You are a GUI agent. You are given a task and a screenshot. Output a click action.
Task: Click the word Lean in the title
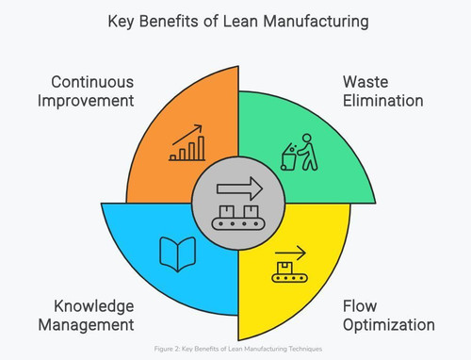(240, 22)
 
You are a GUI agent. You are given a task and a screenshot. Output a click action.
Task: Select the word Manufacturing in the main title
(316, 22)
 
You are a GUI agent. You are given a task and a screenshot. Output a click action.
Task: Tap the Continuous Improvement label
(86, 91)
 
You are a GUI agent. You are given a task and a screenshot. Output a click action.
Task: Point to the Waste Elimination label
(383, 91)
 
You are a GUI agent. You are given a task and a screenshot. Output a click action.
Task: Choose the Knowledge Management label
(87, 316)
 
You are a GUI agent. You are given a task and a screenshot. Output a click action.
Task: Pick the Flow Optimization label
(389, 316)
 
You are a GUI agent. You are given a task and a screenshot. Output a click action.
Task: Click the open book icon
(178, 254)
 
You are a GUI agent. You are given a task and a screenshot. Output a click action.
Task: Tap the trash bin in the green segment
(288, 157)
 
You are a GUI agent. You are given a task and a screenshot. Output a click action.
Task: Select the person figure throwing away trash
(308, 152)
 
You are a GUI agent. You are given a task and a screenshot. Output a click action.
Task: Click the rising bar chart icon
(187, 143)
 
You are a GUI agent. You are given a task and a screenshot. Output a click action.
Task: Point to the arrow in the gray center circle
(239, 188)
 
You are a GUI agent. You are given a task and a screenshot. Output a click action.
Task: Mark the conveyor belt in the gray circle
(238, 223)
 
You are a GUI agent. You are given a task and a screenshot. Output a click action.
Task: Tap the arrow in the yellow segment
(290, 253)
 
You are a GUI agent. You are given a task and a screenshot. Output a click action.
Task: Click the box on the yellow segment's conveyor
(284, 268)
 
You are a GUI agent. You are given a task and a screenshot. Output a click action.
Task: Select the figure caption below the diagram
(238, 349)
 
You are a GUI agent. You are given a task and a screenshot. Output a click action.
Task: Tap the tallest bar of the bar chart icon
(202, 148)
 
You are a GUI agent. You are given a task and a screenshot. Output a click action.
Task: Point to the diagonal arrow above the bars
(187, 135)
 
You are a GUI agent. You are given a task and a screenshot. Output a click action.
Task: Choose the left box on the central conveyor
(227, 211)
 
